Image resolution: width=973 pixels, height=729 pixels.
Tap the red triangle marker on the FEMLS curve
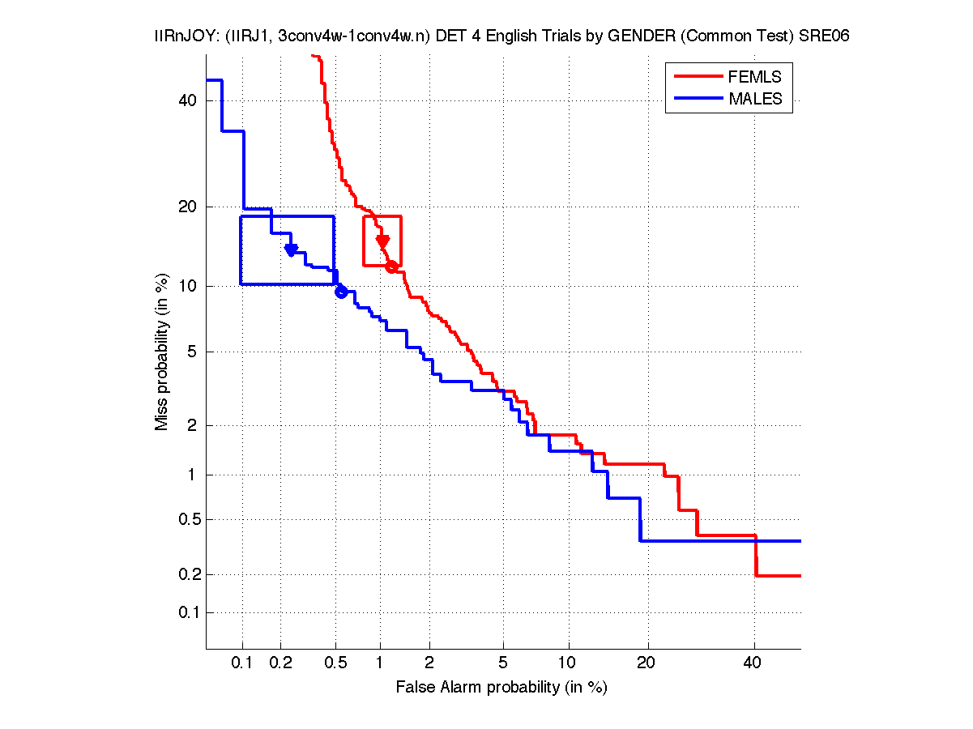[x=383, y=241]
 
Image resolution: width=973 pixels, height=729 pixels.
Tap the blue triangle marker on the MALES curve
[x=292, y=249]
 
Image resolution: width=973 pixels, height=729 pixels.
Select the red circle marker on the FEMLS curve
[x=391, y=266]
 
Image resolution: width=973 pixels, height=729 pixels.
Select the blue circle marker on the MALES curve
[x=341, y=292]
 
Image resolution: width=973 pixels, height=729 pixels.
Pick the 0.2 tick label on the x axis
[x=281, y=663]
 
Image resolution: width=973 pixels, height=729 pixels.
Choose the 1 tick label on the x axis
[x=379, y=663]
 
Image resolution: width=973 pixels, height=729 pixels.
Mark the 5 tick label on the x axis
[x=503, y=663]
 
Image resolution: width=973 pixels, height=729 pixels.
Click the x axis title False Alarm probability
[x=501, y=688]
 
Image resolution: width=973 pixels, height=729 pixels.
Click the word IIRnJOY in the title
[x=182, y=36]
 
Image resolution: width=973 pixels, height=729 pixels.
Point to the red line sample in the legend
[x=698, y=77]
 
